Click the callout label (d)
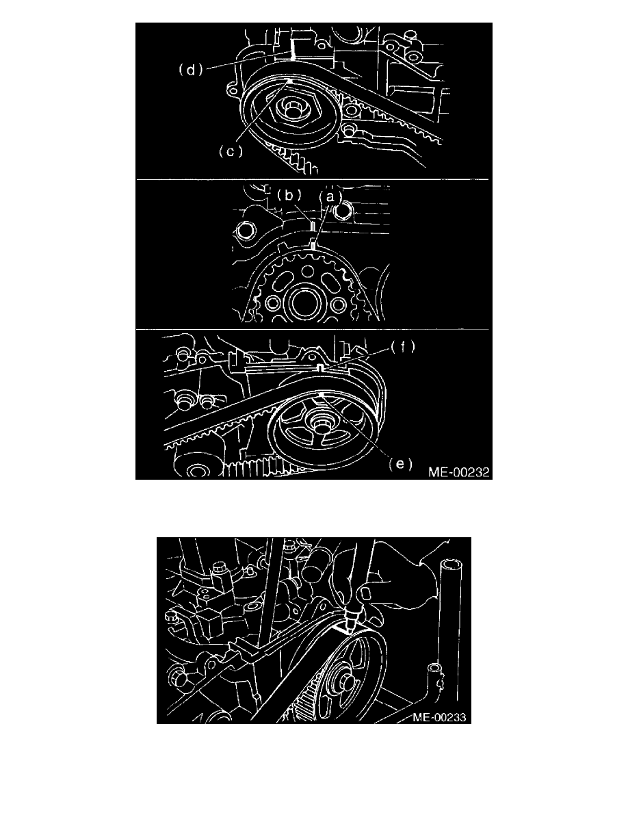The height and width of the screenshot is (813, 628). [x=190, y=70]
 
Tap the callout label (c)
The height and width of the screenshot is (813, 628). [x=231, y=151]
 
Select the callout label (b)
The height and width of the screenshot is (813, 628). [x=289, y=196]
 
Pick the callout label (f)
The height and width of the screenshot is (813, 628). [x=403, y=347]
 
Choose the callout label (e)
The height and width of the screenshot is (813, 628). [x=401, y=463]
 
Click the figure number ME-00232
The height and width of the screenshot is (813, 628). [x=458, y=472]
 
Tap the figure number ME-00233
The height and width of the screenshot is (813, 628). [x=439, y=718]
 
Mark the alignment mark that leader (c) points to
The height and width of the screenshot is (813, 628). [x=290, y=81]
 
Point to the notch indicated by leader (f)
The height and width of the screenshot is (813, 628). [x=321, y=367]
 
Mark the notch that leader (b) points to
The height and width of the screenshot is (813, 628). [x=313, y=227]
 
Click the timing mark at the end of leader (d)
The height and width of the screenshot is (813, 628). [x=292, y=50]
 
